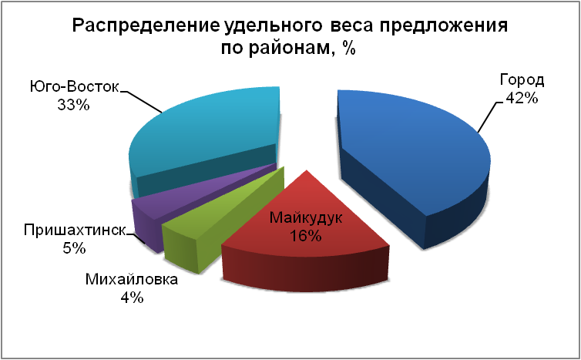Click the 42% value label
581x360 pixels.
tap(522, 98)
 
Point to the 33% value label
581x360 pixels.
tap(73, 105)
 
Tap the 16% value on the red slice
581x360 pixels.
tap(305, 236)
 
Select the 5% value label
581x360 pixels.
tap(74, 248)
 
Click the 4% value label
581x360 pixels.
tap(132, 298)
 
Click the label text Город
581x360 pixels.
tap(522, 80)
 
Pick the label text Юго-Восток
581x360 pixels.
tap(75, 87)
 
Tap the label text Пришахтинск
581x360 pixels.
tap(75, 230)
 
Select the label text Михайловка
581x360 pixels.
tap(132, 279)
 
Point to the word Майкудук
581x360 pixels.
tap(306, 218)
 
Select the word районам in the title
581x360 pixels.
tap(289, 48)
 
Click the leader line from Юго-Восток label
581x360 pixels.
tap(141, 100)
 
